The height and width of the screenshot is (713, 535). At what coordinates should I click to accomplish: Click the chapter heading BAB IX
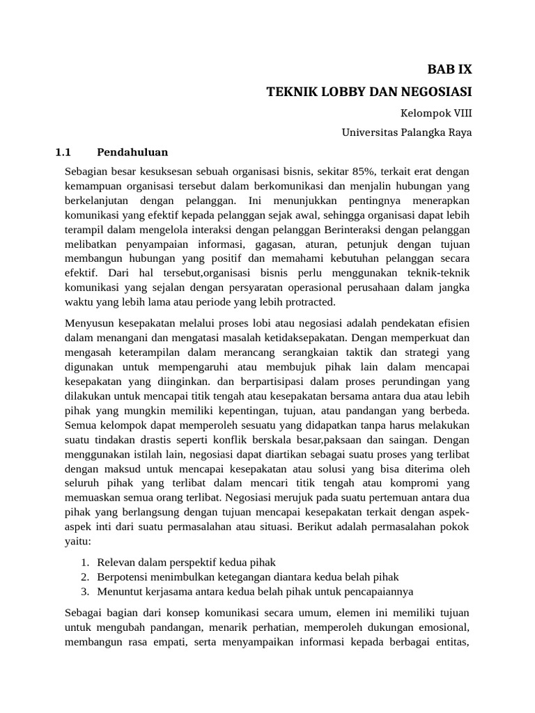[x=449, y=70]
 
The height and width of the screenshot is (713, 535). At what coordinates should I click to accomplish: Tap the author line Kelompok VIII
[x=435, y=112]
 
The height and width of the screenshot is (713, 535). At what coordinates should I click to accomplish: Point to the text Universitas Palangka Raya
[x=407, y=132]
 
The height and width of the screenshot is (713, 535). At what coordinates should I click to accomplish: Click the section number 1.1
[x=63, y=152]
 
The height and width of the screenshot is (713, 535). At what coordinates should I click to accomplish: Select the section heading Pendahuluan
[x=132, y=152]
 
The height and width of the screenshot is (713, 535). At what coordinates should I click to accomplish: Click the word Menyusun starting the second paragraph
[x=88, y=323]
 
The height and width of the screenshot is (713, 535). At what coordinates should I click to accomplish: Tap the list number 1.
[x=84, y=562]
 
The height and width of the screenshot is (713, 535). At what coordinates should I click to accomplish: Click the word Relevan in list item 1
[x=118, y=562]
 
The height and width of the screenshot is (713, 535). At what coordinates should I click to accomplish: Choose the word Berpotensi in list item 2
[x=123, y=577]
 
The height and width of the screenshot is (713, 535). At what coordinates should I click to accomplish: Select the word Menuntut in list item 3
[x=120, y=592]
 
